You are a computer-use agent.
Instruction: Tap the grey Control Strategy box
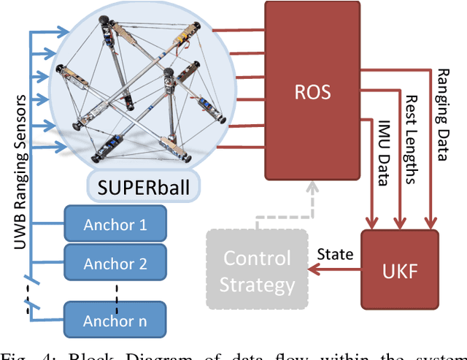[x=256, y=271]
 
